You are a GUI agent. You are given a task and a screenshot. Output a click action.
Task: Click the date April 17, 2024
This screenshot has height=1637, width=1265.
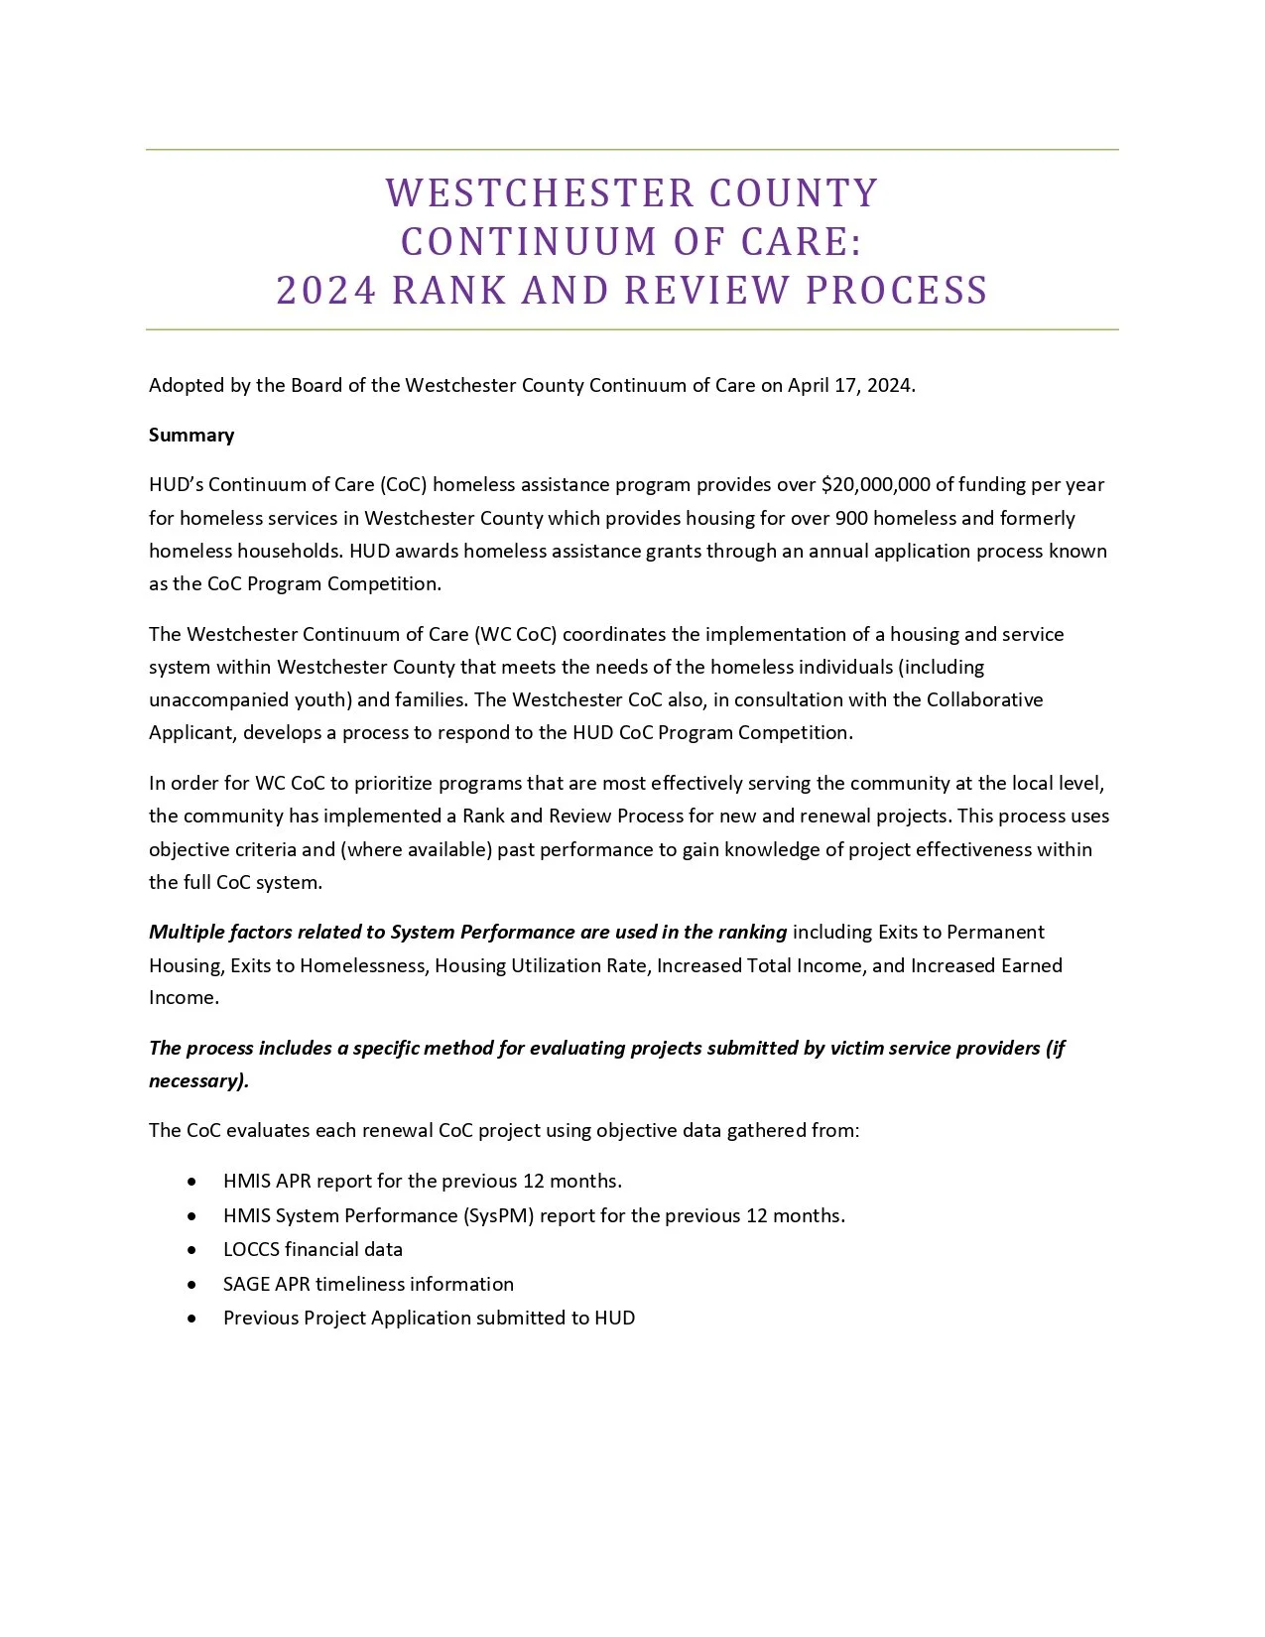850,386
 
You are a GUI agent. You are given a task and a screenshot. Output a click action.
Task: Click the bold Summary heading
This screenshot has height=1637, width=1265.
191,436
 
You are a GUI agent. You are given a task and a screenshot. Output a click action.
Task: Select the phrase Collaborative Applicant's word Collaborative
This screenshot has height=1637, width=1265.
984,699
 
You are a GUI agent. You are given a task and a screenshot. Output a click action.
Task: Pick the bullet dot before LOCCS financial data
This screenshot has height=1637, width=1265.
191,1251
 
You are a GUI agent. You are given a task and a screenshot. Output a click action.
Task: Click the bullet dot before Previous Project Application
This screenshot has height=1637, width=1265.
191,1320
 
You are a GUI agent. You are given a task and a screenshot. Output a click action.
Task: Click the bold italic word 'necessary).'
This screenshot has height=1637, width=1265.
198,1081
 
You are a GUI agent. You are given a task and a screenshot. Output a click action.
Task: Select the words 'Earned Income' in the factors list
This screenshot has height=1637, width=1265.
1030,965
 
